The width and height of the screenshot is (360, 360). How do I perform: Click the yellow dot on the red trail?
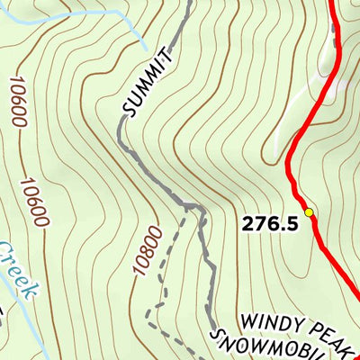309,212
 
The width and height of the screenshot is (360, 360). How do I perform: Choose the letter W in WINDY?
247,319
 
